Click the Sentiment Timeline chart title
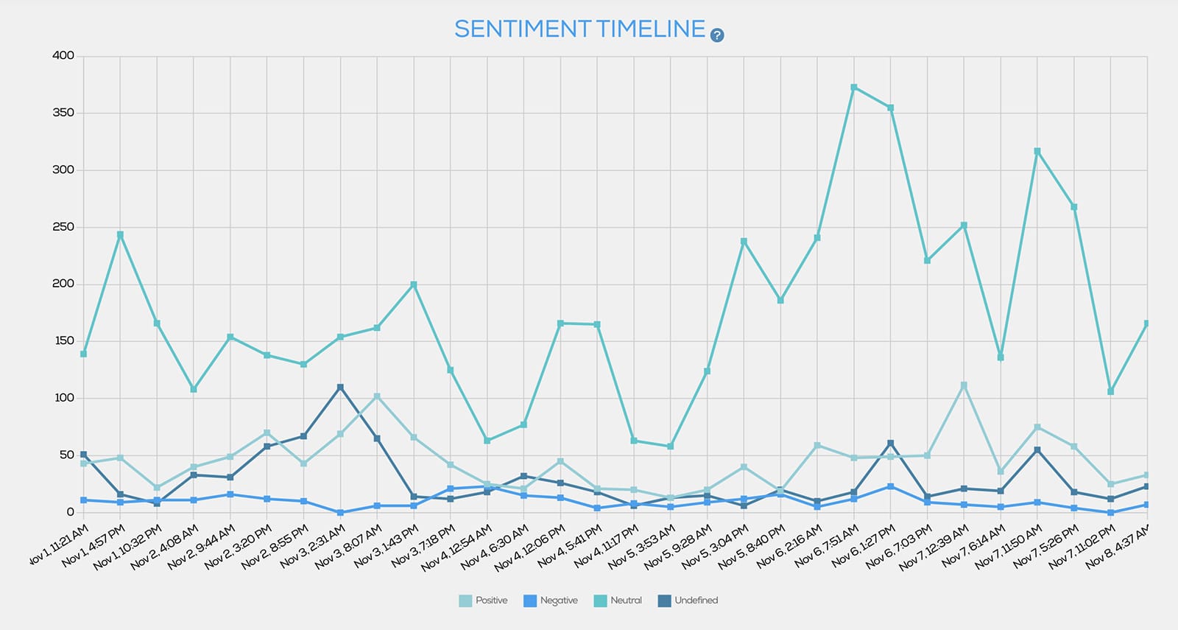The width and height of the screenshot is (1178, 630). point(579,29)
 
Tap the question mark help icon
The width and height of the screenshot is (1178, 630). point(717,35)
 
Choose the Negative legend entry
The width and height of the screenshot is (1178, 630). point(550,601)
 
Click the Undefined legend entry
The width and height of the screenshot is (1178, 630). point(688,601)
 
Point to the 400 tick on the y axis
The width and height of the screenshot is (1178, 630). point(63,56)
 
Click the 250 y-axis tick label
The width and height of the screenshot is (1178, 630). point(63,227)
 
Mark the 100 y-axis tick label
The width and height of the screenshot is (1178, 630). point(63,398)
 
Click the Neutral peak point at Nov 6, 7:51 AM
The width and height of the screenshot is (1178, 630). point(854,87)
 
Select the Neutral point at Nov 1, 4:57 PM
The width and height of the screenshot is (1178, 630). point(120,235)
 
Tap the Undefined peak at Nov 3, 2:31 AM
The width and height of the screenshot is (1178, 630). point(340,387)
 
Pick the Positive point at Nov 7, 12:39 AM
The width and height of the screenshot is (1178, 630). point(964,385)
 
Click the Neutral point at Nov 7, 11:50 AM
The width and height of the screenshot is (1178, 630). point(1037,151)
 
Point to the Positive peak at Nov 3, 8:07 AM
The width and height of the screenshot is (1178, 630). point(377,396)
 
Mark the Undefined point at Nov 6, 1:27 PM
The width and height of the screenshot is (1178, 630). point(891,443)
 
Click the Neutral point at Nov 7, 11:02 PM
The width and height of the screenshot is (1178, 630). point(1111,391)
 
